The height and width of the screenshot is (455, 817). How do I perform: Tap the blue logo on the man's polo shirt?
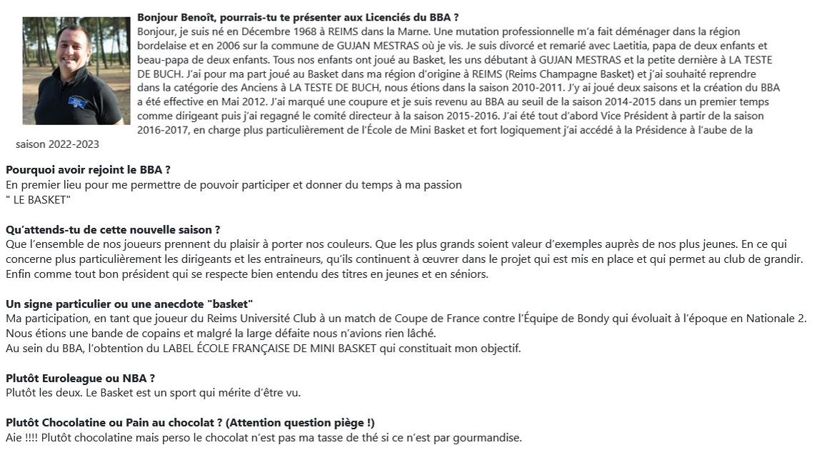(78, 103)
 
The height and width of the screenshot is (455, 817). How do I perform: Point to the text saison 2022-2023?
(57, 144)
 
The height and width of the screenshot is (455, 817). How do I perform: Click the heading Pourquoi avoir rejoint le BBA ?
(88, 170)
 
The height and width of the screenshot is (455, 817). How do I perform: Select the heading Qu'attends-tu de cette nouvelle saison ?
(113, 230)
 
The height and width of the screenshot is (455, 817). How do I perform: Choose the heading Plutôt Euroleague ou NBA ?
(80, 378)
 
